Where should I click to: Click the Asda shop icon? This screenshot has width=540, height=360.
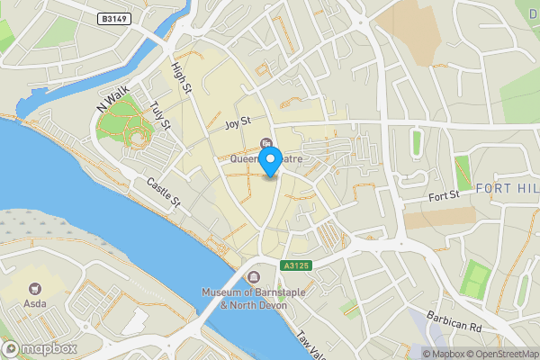tap(36, 289)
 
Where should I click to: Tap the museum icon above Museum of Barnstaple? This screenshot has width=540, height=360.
tap(255, 277)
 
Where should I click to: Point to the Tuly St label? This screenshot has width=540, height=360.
tap(161, 115)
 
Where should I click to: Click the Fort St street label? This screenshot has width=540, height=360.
tap(444, 195)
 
